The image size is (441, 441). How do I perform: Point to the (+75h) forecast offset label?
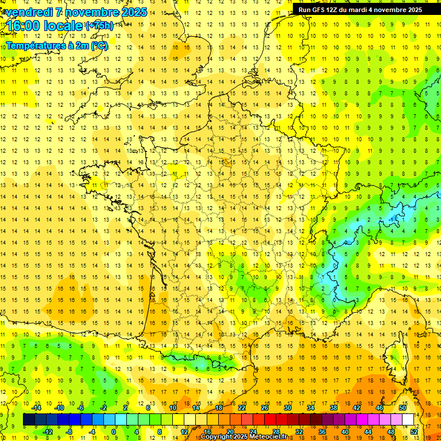point(99,25)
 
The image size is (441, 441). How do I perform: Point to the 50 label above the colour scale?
point(402,408)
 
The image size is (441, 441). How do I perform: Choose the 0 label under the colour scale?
point(114,432)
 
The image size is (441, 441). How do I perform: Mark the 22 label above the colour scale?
point(242,408)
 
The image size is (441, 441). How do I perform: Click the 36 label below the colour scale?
point(322,432)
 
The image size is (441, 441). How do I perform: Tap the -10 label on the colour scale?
point(59,408)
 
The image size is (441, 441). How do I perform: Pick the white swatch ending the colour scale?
point(408,420)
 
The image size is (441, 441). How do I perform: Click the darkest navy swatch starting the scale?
point(29,420)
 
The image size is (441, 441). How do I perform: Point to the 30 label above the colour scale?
point(288,408)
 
